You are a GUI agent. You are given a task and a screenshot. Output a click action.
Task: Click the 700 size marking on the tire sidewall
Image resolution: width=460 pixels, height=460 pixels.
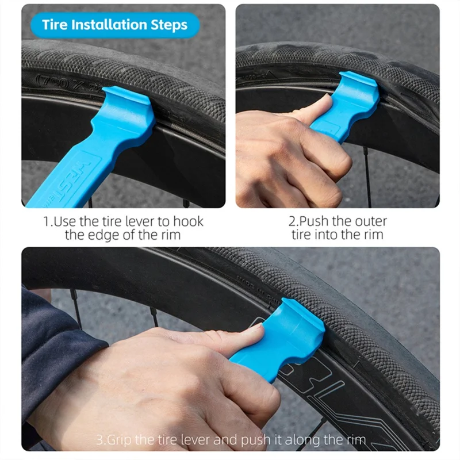click(49, 81)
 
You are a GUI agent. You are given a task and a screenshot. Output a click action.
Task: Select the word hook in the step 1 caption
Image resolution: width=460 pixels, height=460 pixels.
click(187, 221)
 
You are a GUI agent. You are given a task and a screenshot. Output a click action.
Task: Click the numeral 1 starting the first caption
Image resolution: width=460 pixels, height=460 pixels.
click(47, 221)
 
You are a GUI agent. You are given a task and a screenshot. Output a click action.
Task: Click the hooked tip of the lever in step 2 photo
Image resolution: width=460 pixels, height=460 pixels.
click(359, 83)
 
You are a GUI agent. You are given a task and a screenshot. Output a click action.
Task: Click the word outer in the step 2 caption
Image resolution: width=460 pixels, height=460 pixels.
click(371, 221)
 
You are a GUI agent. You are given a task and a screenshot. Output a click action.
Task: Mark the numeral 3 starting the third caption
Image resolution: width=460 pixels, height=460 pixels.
click(99, 440)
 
